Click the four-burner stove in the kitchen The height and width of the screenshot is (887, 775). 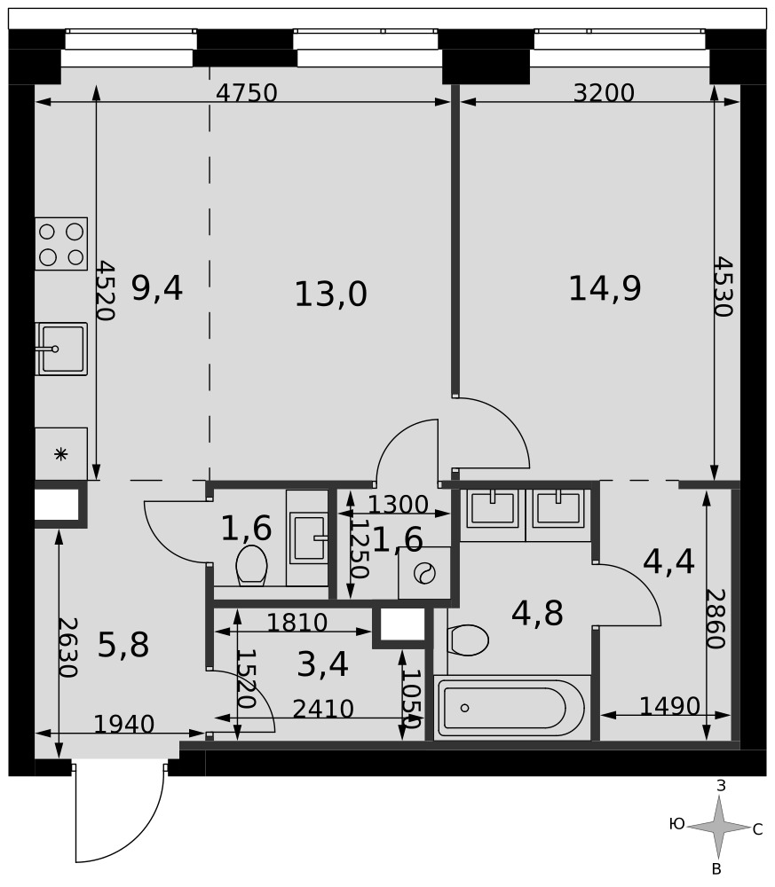click(61, 244)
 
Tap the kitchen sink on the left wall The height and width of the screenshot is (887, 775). click(61, 349)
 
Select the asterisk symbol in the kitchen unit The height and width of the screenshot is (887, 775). click(60, 454)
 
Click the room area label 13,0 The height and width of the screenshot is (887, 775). click(330, 294)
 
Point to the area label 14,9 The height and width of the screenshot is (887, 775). click(605, 288)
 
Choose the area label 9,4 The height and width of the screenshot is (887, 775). click(157, 288)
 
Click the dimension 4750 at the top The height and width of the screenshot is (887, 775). click(247, 93)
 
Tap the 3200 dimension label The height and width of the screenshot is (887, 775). click(604, 93)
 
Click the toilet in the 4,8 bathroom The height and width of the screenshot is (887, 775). click(468, 640)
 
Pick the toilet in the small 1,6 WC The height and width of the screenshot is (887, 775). click(251, 564)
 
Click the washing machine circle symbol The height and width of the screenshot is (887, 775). click(424, 574)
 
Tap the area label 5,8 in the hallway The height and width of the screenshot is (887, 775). click(123, 645)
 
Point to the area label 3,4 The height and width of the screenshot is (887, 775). click(322, 664)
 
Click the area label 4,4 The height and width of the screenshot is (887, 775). click(668, 561)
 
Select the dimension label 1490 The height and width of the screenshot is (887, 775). click(669, 706)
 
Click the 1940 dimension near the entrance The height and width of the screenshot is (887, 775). click(123, 724)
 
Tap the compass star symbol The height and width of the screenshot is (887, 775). click(719, 827)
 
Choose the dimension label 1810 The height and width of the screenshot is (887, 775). click(297, 623)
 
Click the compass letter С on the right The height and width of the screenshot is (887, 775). click(757, 830)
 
